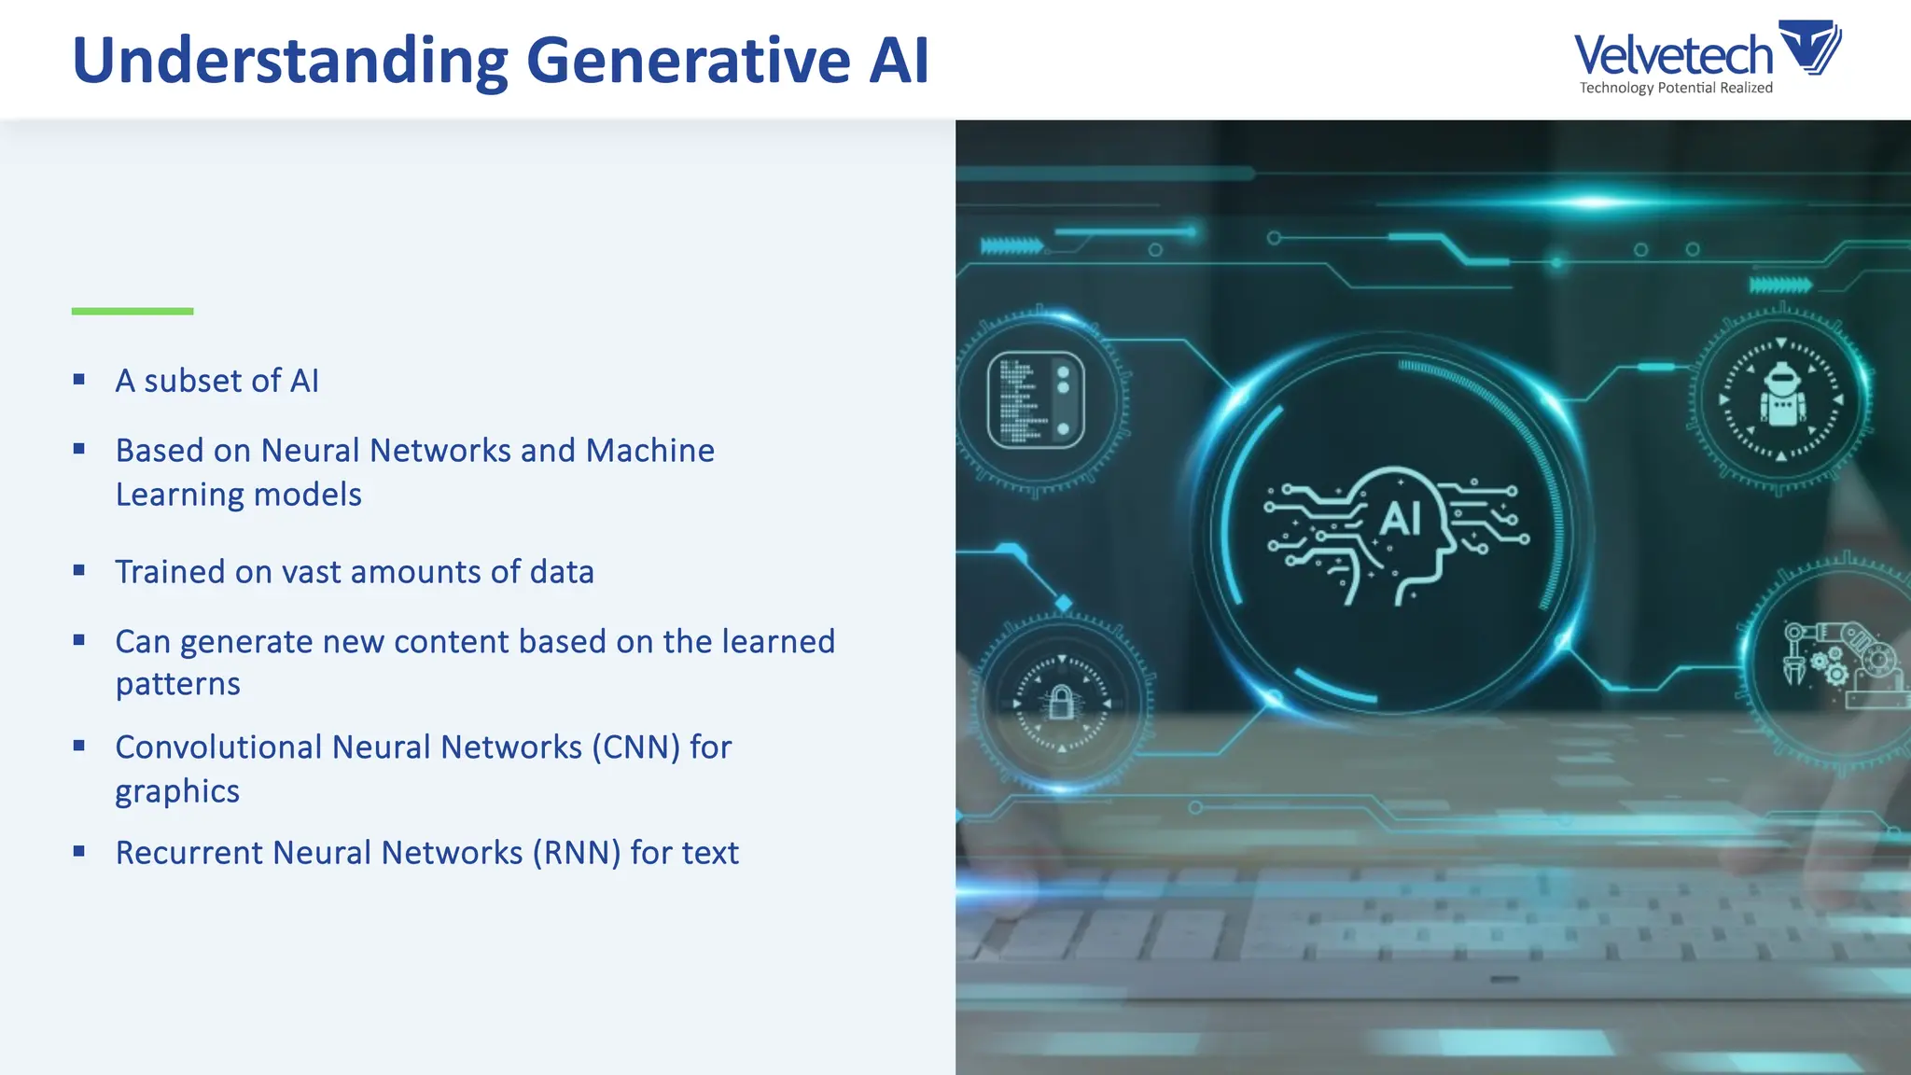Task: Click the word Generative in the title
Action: pos(688,61)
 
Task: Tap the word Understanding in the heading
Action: pos(289,61)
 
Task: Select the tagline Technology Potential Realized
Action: pos(1676,88)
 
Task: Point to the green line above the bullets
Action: pos(133,311)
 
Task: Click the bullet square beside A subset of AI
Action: pos(79,380)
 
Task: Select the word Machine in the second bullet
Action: pos(649,451)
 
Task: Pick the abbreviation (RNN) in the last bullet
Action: pos(576,853)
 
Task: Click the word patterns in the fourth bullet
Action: pos(178,684)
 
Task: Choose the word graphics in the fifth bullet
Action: pos(177,791)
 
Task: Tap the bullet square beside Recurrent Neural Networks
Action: pos(79,851)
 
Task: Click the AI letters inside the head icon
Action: pos(1400,518)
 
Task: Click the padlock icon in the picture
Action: pos(1061,702)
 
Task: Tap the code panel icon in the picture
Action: pos(1036,399)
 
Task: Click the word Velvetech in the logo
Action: pos(1672,55)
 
